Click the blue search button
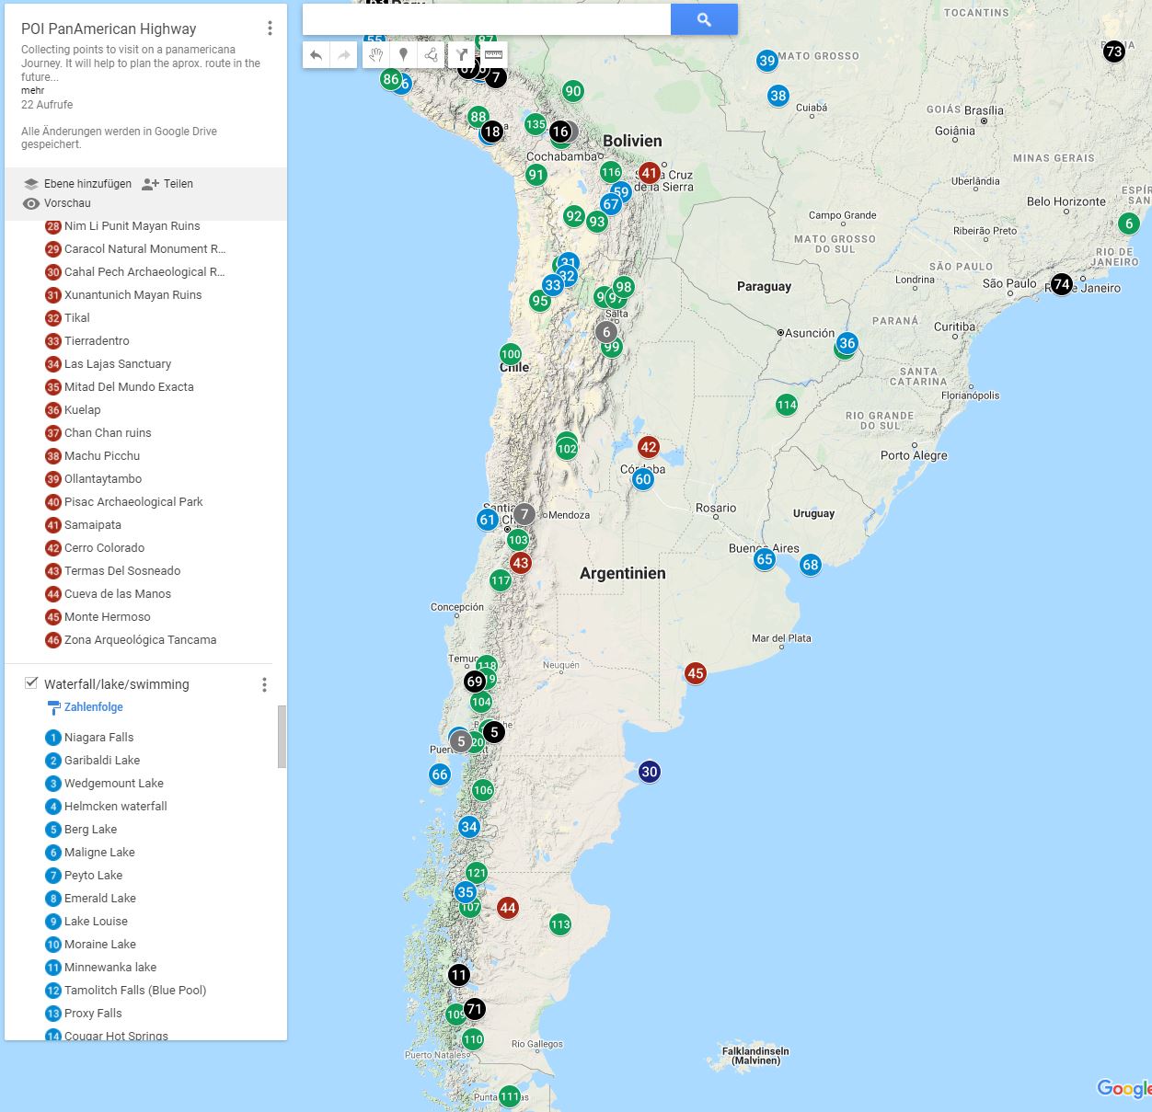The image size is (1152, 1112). point(704,19)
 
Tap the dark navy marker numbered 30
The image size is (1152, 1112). point(650,772)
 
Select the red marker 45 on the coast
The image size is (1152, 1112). point(696,673)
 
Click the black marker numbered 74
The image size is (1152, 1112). point(1062,284)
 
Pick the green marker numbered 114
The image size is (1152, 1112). point(787,405)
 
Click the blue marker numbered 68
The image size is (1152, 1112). point(811,565)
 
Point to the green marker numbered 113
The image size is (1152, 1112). point(560,924)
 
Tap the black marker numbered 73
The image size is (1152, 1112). point(1114,52)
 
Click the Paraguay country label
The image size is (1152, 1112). point(764,286)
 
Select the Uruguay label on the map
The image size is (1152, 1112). point(813,513)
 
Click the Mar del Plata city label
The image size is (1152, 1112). point(781,638)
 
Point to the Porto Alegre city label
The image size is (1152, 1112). point(913,455)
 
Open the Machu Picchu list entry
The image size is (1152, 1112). point(102,456)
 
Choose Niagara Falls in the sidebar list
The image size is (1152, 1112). point(98,738)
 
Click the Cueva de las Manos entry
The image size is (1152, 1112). point(117,594)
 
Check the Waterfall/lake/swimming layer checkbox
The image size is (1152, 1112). point(31,683)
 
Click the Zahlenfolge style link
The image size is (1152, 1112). point(93,707)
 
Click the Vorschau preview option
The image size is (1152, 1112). point(66,203)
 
